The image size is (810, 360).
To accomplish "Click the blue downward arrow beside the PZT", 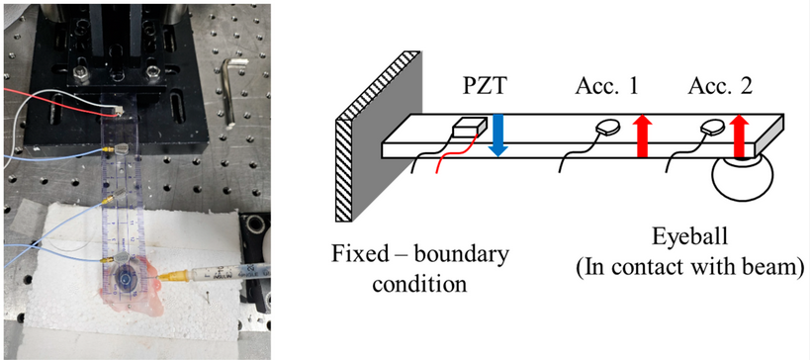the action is point(498,135).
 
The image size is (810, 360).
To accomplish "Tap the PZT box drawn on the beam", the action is point(469,128).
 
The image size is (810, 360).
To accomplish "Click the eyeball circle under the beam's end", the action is point(742,178).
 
